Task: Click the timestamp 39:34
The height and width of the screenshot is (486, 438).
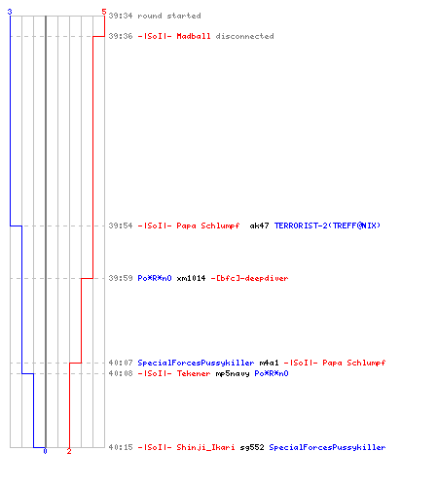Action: pyautogui.click(x=121, y=16)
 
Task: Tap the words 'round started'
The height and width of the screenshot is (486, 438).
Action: pyautogui.click(x=169, y=16)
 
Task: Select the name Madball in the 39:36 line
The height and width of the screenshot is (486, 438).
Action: pyautogui.click(x=194, y=36)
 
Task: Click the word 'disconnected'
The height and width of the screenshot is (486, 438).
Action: pyautogui.click(x=244, y=36)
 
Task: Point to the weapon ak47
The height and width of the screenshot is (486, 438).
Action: pyautogui.click(x=259, y=226)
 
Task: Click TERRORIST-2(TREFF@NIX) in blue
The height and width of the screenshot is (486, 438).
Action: pyautogui.click(x=327, y=226)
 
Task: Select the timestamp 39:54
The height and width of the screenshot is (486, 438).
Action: pyautogui.click(x=121, y=226)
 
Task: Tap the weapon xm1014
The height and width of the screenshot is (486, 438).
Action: pyautogui.click(x=191, y=278)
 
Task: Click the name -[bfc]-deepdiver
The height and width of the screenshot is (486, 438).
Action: pyautogui.click(x=249, y=278)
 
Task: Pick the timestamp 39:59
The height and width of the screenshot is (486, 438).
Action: pyautogui.click(x=121, y=278)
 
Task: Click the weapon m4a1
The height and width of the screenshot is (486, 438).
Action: pyautogui.click(x=269, y=363)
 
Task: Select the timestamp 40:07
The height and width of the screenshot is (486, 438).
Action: pyautogui.click(x=121, y=363)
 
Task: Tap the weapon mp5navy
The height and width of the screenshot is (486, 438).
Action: pyautogui.click(x=233, y=373)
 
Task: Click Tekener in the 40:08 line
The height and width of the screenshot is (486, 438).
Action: pyautogui.click(x=194, y=373)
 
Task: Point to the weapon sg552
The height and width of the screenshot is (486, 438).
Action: pyautogui.click(x=252, y=447)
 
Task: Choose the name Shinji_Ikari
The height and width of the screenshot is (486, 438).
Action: pyautogui.click(x=205, y=447)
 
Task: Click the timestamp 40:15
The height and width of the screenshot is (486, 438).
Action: pyautogui.click(x=121, y=447)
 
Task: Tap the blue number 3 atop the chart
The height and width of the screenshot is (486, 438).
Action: pyautogui.click(x=10, y=12)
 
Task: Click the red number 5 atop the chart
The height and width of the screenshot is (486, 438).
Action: pyautogui.click(x=104, y=12)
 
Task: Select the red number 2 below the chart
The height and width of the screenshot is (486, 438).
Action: pyautogui.click(x=69, y=451)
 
